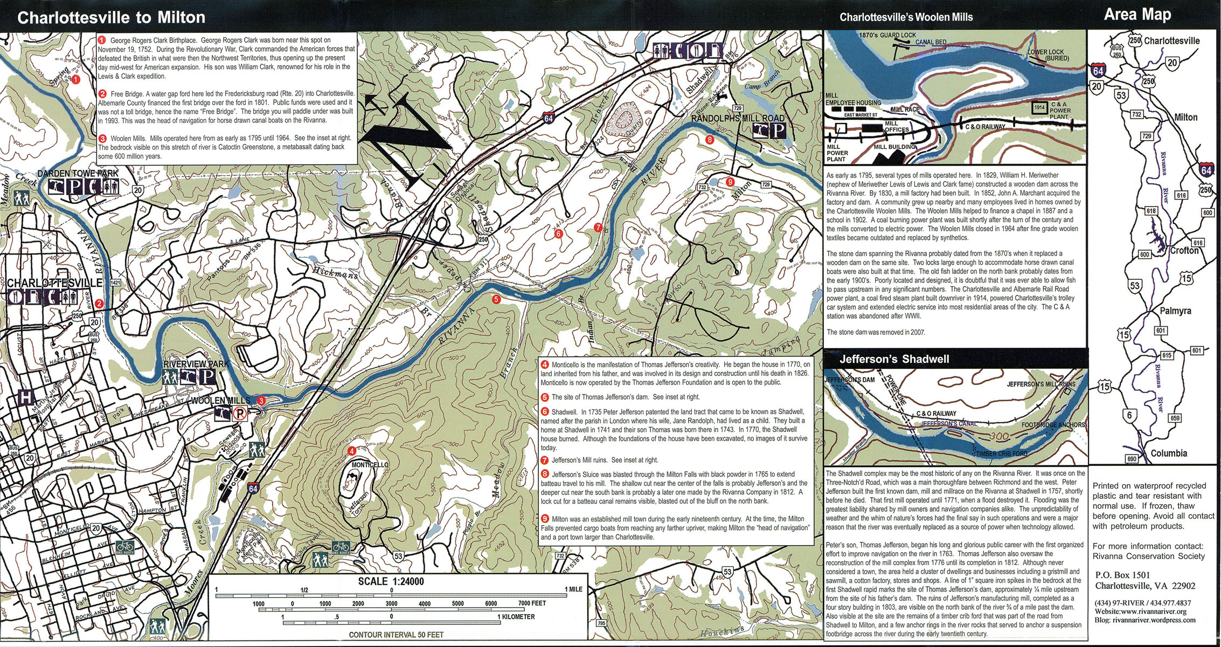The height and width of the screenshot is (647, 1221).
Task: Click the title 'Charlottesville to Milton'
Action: tap(112, 17)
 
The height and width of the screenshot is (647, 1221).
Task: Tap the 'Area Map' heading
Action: tap(1137, 15)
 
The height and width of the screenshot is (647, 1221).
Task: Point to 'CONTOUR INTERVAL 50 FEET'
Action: tap(396, 635)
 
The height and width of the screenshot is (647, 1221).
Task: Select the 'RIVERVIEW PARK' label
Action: tap(195, 364)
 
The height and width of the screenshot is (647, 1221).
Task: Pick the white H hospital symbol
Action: tap(25, 397)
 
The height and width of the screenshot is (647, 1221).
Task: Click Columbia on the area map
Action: tap(1168, 453)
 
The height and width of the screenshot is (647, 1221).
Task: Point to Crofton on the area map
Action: tap(1184, 251)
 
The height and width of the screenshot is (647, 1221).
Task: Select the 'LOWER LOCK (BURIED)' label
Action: tap(1048, 55)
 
